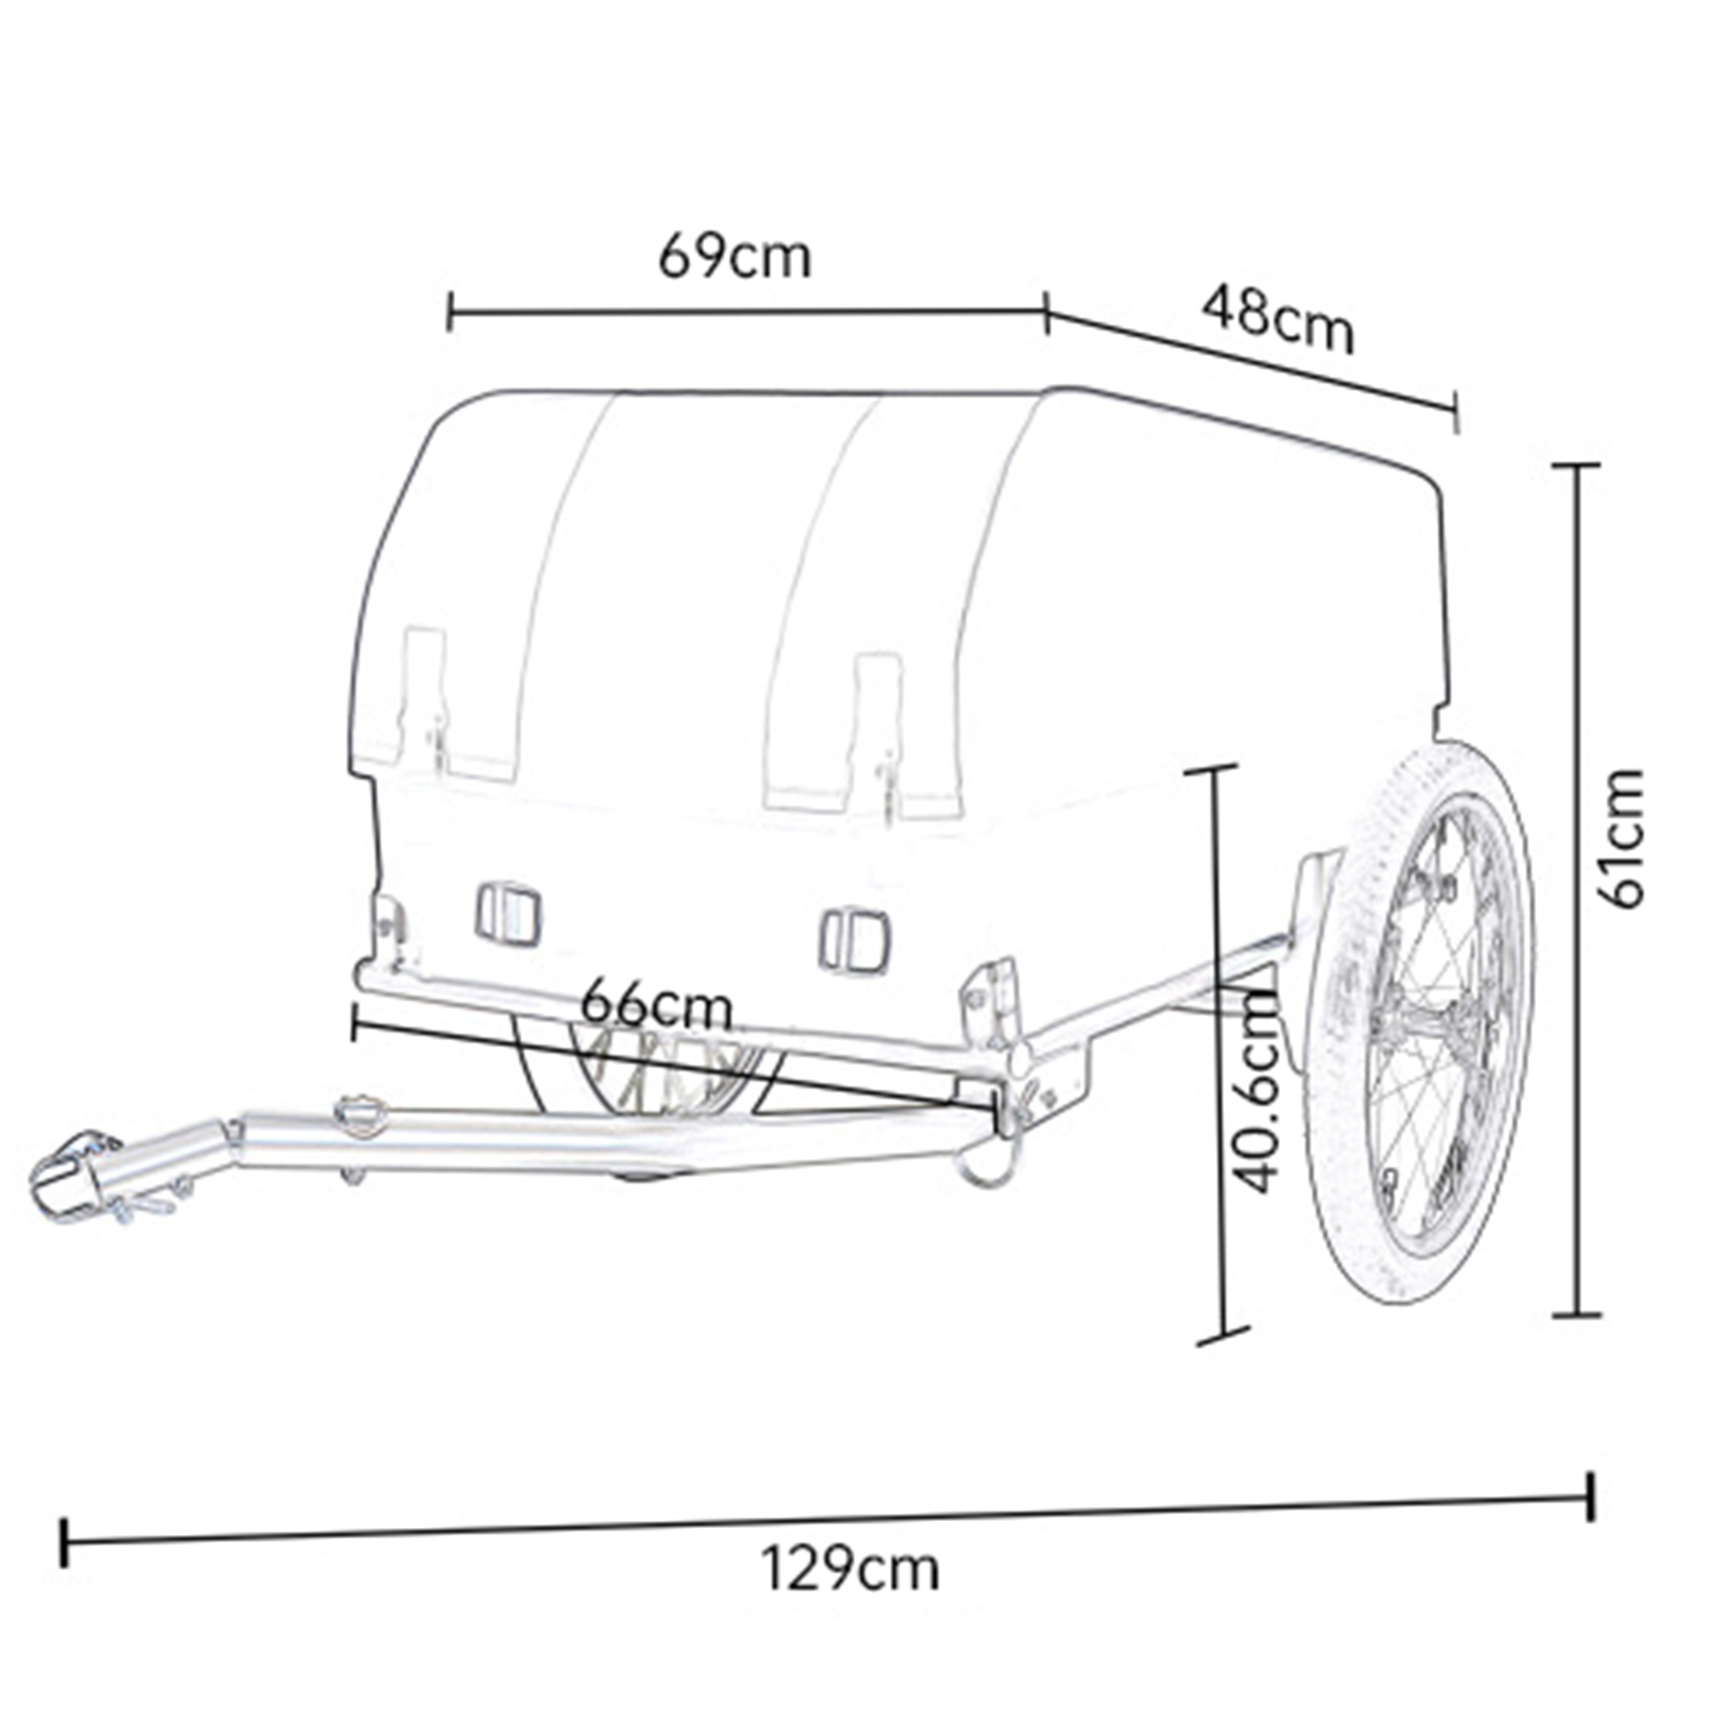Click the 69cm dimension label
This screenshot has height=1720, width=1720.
[735, 257]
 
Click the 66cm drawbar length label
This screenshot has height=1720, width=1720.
[657, 1006]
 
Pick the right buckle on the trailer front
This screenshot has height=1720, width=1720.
[854, 941]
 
